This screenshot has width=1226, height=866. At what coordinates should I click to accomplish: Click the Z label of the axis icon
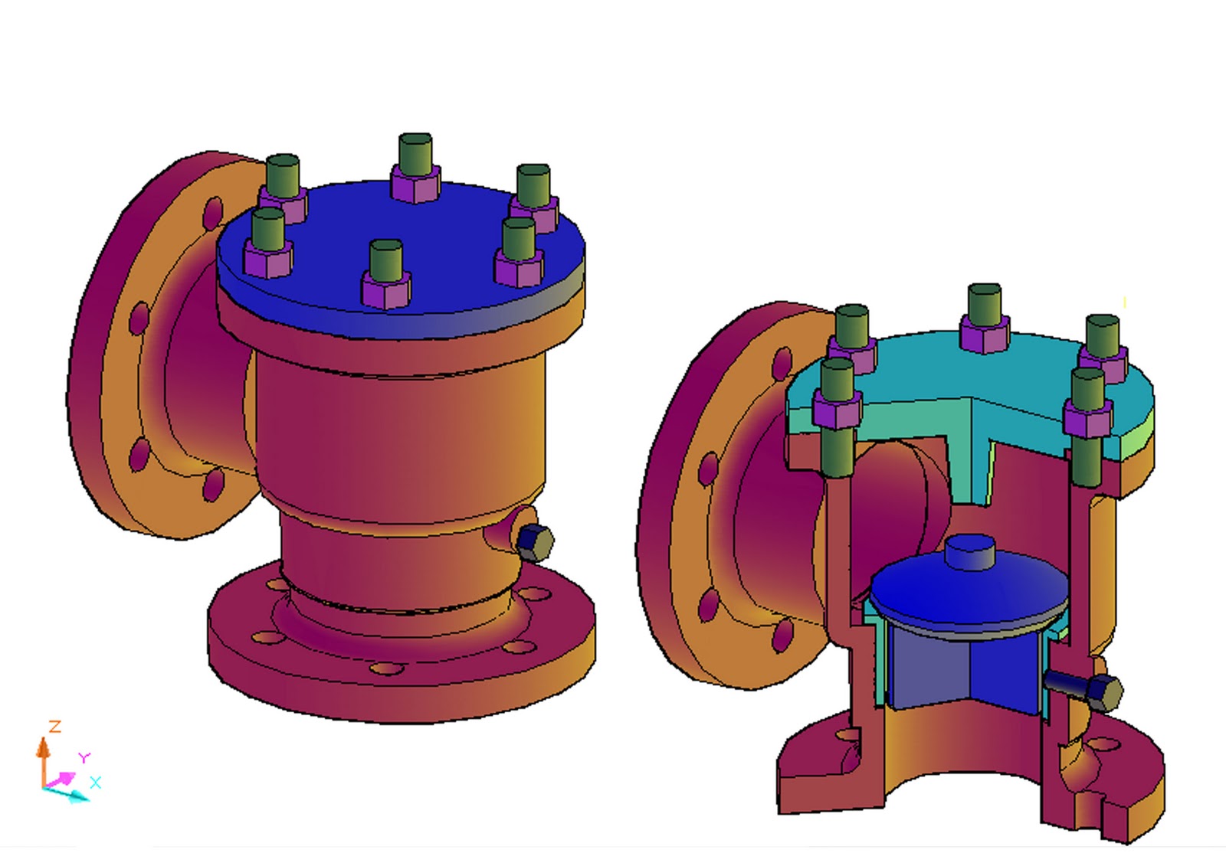[54, 726]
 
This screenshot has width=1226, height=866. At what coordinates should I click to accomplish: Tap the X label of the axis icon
[95, 783]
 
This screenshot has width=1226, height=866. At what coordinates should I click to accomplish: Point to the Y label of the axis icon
[84, 757]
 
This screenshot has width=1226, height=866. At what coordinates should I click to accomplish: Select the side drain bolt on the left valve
[533, 542]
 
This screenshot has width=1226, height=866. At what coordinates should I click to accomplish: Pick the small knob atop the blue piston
[969, 551]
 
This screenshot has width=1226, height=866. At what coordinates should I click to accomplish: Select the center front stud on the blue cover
[385, 260]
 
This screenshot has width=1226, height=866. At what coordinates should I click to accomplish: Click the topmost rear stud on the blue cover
[415, 153]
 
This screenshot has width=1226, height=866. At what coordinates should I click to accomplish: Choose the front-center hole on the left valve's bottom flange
[387, 668]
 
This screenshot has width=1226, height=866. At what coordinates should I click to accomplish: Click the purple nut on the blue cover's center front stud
[385, 292]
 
